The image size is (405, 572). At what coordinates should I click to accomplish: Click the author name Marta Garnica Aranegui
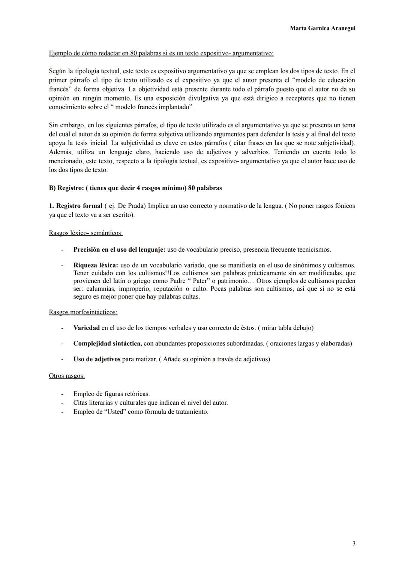click(x=322, y=29)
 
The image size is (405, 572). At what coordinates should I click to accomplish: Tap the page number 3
click(x=354, y=543)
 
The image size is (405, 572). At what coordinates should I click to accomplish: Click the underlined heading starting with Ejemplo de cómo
click(x=161, y=53)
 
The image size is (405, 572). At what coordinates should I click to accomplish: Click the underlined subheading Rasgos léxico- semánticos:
click(x=85, y=233)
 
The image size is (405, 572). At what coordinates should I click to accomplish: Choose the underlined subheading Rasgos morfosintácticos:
click(x=83, y=312)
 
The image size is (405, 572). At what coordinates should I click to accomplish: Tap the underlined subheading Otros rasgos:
click(x=67, y=376)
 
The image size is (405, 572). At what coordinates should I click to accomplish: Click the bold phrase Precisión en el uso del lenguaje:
click(x=119, y=249)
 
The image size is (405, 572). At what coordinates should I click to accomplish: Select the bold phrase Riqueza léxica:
click(x=95, y=265)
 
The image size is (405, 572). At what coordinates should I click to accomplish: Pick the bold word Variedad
click(x=86, y=328)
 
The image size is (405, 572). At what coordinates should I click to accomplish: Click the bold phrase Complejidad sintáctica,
click(x=107, y=344)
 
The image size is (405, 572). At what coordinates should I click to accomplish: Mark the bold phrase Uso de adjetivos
click(x=97, y=359)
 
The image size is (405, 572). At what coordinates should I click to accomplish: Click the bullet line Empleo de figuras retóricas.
click(x=111, y=394)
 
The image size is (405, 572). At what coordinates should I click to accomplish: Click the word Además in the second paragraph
click(x=61, y=152)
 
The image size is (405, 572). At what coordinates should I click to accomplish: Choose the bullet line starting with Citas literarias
click(x=150, y=403)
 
